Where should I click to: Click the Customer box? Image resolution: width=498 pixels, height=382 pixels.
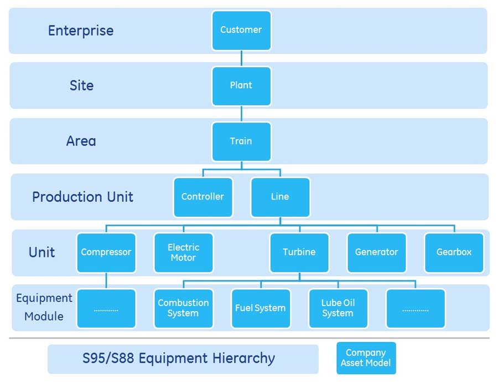point(241,30)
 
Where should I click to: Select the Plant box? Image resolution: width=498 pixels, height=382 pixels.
point(241,85)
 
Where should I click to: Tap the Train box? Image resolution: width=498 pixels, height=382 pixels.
point(241,141)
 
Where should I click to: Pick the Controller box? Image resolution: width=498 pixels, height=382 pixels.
point(203,197)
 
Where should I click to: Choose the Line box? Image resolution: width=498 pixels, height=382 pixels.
point(280,197)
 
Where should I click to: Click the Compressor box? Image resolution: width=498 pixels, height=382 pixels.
point(106,252)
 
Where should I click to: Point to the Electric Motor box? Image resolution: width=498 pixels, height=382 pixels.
point(183,252)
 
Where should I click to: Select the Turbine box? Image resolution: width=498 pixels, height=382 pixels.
point(299,252)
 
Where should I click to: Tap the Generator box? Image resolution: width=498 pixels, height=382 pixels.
point(377,252)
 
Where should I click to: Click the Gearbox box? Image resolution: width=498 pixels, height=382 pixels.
point(454,252)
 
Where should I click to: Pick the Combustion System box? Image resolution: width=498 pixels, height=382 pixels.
point(183,308)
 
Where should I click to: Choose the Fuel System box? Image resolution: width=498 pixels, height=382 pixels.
point(261,308)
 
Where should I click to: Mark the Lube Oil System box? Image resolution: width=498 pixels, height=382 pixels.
point(338,308)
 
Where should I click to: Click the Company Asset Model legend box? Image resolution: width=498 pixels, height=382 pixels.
point(366,358)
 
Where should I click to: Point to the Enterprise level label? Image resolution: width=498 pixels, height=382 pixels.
point(81,30)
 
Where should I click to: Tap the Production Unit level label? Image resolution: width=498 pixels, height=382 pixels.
point(82,197)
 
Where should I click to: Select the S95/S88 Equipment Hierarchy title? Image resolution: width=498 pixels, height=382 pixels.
point(179,358)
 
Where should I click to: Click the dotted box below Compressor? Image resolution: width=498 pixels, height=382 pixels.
point(106,308)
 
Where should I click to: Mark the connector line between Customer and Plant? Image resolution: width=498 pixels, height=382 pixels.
point(241,58)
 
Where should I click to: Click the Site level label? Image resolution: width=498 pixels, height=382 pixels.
point(81,85)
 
